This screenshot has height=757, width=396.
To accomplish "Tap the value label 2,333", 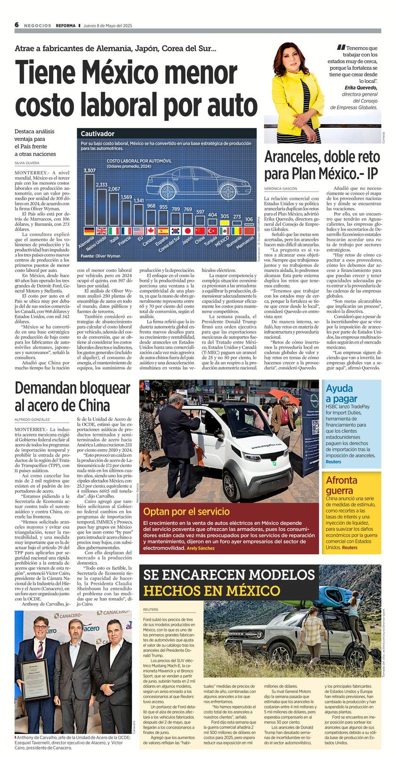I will pyautogui.click(x=101, y=185).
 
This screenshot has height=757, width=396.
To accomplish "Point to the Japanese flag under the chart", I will pyautogui.click(x=187, y=231).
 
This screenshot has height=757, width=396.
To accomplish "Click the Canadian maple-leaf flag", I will pyautogui.click(x=151, y=231).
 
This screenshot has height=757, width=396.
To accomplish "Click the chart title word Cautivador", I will pyautogui.click(x=97, y=134).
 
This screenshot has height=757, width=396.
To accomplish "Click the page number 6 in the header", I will pyautogui.click(x=16, y=25).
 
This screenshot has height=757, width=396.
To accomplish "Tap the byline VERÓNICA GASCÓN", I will pyautogui.click(x=281, y=188).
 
